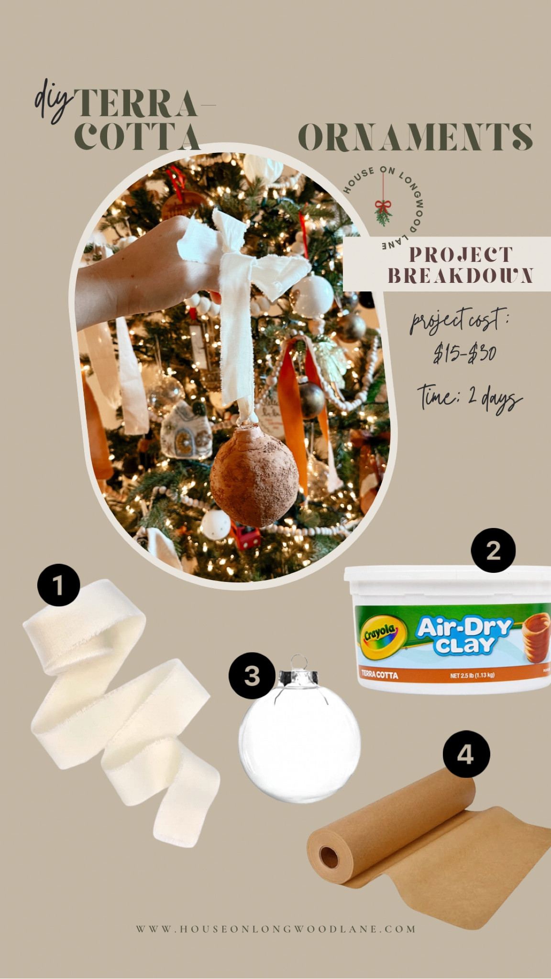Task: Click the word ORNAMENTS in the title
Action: click(415, 137)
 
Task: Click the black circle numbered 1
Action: click(58, 585)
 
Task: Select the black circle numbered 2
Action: click(493, 550)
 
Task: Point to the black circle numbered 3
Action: click(252, 676)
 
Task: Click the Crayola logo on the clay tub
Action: click(380, 635)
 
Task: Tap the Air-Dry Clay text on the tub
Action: click(463, 635)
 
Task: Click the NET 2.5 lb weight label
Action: click(472, 675)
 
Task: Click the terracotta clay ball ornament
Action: click(254, 475)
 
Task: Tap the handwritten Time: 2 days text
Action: click(469, 398)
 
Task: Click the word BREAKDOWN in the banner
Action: click(460, 276)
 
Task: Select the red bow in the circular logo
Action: click(383, 206)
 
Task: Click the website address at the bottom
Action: click(275, 929)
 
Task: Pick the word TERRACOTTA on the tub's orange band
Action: click(379, 675)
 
